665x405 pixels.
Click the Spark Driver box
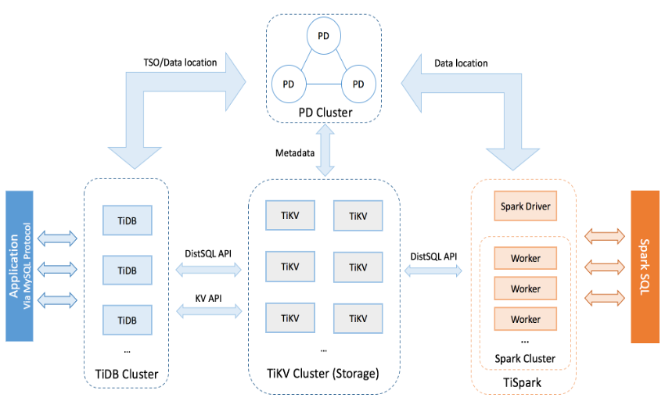(526, 206)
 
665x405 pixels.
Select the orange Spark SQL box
(646, 267)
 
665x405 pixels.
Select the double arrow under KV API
(207, 312)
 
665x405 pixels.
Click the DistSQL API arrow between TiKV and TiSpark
(433, 270)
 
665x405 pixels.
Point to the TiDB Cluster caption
(126, 375)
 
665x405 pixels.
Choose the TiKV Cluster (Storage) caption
(323, 375)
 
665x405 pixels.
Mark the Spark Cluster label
(525, 359)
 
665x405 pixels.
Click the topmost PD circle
(324, 35)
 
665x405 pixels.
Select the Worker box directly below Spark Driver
(526, 258)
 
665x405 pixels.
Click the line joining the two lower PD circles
(324, 84)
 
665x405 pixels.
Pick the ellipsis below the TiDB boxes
(126, 347)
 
